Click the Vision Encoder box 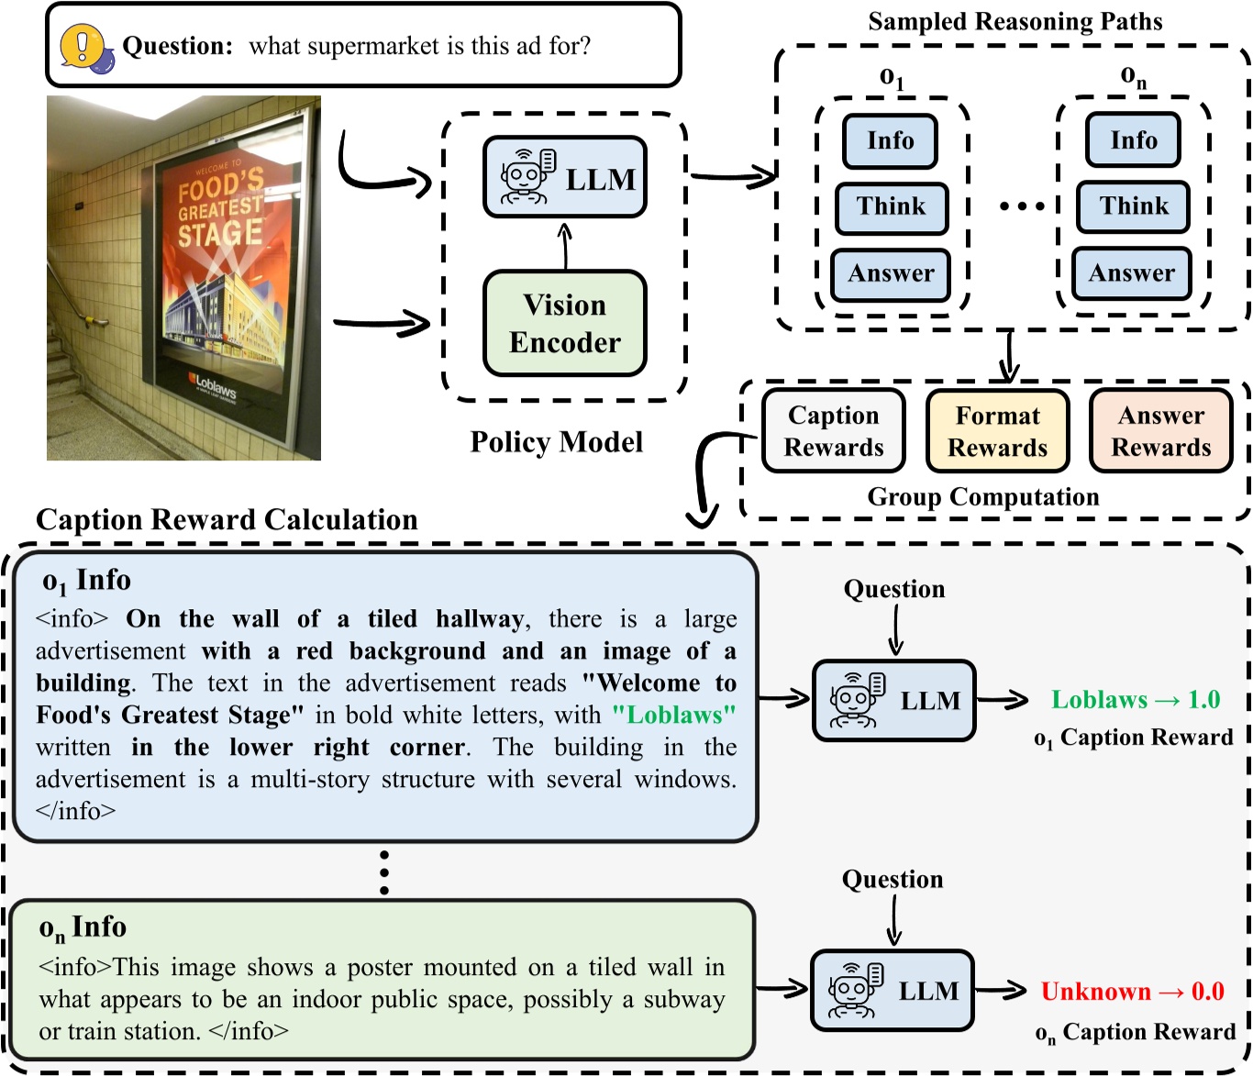coord(564,324)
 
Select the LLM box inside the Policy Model coord(564,178)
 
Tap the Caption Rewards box coord(833,431)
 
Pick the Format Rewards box coord(997,431)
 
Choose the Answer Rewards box coord(1160,431)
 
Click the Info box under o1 coord(890,141)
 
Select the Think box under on coord(1134,206)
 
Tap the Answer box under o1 coord(890,274)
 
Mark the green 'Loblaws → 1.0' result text coord(1135,700)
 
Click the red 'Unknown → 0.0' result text coord(1132,992)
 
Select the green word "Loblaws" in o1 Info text coord(673,715)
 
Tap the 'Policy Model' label coord(556,442)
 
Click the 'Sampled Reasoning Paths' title coord(1015,21)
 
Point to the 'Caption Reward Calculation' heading coord(227,520)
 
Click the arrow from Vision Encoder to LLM coord(565,246)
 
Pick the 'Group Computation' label coord(982,497)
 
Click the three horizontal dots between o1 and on coord(1022,206)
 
